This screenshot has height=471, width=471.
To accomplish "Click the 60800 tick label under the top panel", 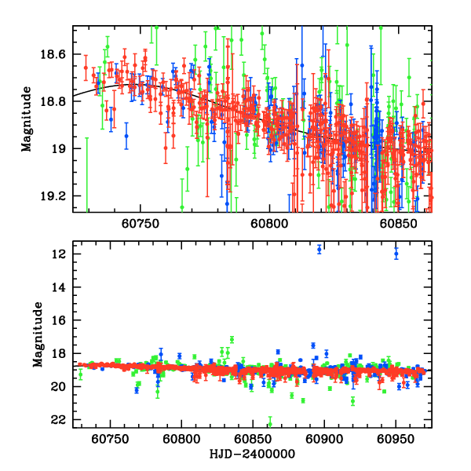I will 267,223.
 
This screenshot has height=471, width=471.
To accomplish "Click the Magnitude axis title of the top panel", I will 26,119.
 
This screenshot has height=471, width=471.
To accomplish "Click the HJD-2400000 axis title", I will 252,455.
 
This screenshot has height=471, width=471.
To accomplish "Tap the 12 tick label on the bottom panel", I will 60,254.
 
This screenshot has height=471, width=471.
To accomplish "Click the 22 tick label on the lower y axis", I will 60,420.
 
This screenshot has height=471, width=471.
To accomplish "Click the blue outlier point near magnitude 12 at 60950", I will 396,253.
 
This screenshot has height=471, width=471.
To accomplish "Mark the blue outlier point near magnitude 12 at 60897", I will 319,249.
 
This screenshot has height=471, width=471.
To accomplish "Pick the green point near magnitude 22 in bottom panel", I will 270,424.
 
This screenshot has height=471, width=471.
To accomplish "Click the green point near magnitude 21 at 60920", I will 352,401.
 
